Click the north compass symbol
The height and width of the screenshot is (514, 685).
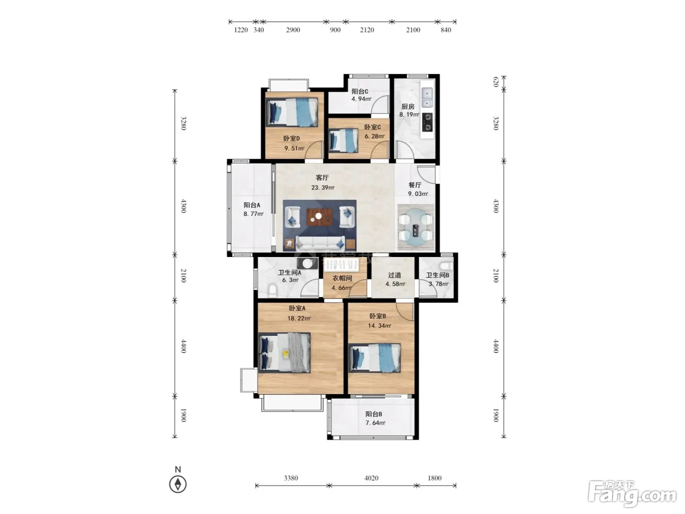pos(178,484)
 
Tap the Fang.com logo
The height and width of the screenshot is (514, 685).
pos(632,494)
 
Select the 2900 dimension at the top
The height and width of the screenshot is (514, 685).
pos(293,30)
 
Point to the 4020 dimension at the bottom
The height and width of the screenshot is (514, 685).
pos(371,478)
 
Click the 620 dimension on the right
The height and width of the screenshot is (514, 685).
pos(496,82)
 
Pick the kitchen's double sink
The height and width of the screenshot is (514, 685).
pos(427,97)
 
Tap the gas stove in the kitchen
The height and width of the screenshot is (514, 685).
pos(427,122)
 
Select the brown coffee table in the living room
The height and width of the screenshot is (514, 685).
pos(319,217)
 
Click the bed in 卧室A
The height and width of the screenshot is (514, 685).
pos(284,352)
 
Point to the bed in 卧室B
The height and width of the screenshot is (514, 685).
pos(374,358)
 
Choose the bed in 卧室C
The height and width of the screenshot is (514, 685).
pos(343,141)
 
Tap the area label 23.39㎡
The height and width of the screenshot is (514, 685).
pos(322,187)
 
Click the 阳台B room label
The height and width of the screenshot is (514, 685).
pos(373,414)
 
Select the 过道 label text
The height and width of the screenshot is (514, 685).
pos(394,275)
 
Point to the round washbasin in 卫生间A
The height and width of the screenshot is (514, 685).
pos(307,264)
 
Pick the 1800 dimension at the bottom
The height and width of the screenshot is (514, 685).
pos(434,478)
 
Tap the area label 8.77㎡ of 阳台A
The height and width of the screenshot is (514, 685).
pos(253,214)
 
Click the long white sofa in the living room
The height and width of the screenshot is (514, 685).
pos(320,244)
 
